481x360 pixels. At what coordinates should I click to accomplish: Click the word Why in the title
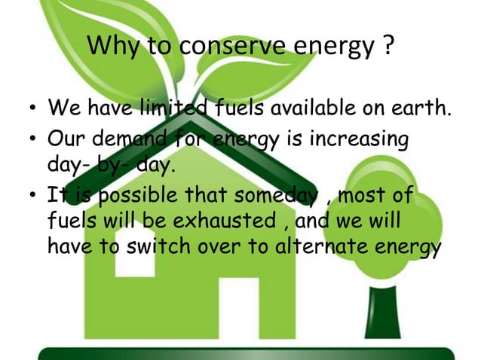(111, 47)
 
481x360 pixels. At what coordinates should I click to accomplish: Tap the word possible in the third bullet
(139, 196)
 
